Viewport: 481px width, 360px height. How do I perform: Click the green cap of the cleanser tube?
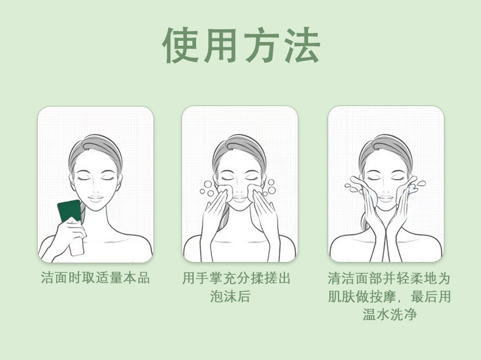(x=69, y=211)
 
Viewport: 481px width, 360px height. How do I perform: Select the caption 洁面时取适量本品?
(x=96, y=278)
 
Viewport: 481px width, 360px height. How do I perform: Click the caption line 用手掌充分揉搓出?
(x=236, y=278)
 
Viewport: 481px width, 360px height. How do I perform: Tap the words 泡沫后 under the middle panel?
(x=230, y=296)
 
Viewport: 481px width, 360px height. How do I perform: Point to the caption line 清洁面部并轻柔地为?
(x=388, y=278)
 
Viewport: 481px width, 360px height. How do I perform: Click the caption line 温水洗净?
(x=390, y=314)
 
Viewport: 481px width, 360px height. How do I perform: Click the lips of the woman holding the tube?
(x=96, y=198)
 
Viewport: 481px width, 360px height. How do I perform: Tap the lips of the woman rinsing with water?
(x=385, y=198)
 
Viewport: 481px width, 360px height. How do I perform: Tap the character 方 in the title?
(x=261, y=45)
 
